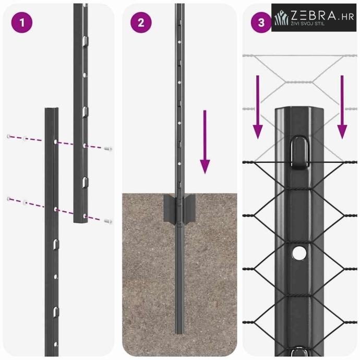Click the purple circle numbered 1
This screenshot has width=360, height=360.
click(x=22, y=22)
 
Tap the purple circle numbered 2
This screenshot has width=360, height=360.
click(x=141, y=22)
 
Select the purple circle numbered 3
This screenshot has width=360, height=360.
click(x=261, y=22)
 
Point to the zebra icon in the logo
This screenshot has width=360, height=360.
click(x=282, y=18)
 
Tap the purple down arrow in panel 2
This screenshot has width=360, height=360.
click(x=205, y=142)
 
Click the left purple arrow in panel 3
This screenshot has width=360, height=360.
click(x=258, y=107)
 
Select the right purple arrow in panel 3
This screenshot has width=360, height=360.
click(x=342, y=107)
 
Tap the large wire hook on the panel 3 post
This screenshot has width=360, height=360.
click(x=299, y=152)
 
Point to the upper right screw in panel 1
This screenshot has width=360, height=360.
click(x=108, y=149)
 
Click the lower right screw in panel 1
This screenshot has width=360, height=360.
click(x=108, y=221)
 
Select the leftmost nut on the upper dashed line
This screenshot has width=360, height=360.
click(x=9, y=136)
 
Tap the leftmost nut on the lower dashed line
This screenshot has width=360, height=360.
click(x=9, y=199)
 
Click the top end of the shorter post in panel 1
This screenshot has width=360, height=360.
click(x=52, y=109)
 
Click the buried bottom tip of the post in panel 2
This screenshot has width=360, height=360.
click(x=179, y=333)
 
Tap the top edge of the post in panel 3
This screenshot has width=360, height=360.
click(x=299, y=107)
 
